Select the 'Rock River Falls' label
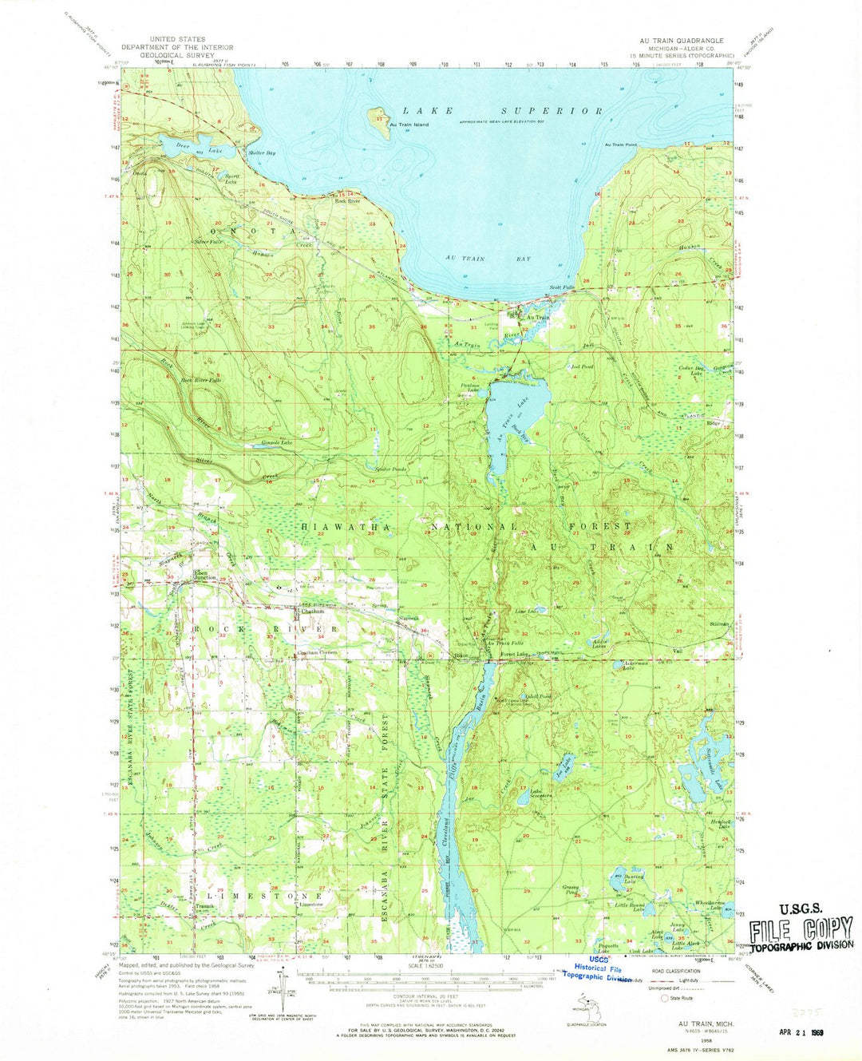(202, 380)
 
